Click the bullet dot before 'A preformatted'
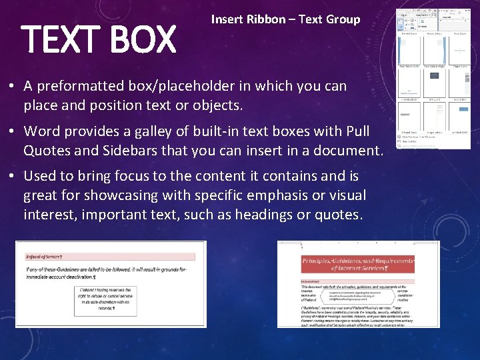12,87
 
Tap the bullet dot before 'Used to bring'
12,177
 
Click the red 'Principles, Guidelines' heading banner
357,265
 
